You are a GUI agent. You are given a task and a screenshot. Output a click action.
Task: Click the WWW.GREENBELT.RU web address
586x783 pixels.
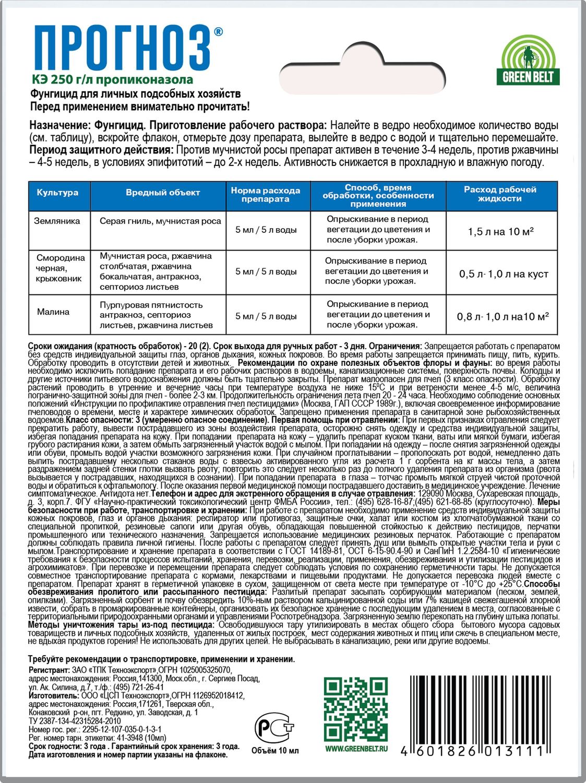(356, 749)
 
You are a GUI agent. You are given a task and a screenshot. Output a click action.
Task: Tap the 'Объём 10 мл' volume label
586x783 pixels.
(275, 751)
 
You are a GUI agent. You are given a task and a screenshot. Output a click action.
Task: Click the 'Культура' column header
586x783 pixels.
(57, 193)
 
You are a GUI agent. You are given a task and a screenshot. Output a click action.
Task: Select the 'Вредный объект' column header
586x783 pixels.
(163, 193)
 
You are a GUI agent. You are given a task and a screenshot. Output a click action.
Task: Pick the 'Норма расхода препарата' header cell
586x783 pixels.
(266, 194)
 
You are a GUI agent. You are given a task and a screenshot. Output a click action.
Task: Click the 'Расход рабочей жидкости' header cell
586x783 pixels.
(500, 194)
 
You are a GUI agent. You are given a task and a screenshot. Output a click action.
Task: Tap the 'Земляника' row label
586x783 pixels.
(57, 221)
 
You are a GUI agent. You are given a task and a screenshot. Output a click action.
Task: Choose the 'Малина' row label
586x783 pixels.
(53, 312)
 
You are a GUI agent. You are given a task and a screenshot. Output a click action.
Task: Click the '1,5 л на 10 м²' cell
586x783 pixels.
(500, 232)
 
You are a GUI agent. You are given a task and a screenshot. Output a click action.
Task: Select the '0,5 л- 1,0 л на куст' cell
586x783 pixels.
(504, 274)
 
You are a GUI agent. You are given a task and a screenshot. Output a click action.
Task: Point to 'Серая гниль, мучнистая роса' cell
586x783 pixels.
(160, 221)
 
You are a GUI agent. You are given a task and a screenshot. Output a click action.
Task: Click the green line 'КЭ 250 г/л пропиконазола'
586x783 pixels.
(112, 79)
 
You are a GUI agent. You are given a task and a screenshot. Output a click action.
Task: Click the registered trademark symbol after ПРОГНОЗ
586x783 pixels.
(218, 32)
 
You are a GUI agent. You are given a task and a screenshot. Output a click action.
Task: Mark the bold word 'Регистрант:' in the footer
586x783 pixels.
(49, 670)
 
